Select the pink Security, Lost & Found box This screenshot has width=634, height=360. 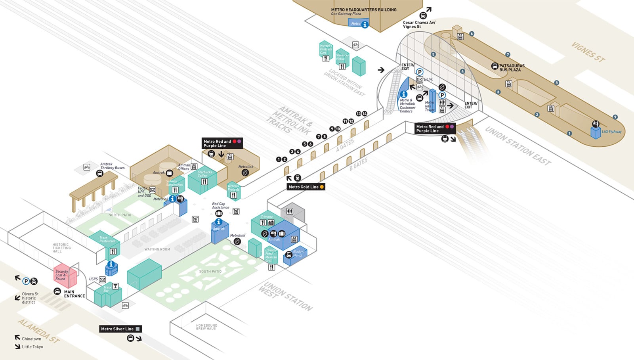click(64, 276)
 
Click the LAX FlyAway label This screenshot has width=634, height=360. click(611, 132)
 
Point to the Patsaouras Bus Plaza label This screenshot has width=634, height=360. click(512, 68)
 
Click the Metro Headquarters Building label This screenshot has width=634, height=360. click(363, 10)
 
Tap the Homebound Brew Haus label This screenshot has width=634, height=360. click(206, 327)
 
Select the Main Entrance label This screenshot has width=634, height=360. click(74, 294)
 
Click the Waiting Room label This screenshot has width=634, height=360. click(157, 249)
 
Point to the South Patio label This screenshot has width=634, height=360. click(210, 272)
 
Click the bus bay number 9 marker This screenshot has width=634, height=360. click(615, 117)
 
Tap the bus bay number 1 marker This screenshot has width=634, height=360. click(569, 134)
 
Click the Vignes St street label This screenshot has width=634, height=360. click(588, 52)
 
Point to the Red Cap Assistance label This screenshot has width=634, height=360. click(220, 205)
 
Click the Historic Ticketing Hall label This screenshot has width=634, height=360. click(61, 248)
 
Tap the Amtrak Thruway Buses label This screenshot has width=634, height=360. click(112, 166)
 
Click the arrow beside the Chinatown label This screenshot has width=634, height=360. click(17, 338)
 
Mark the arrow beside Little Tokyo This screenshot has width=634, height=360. click(17, 347)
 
